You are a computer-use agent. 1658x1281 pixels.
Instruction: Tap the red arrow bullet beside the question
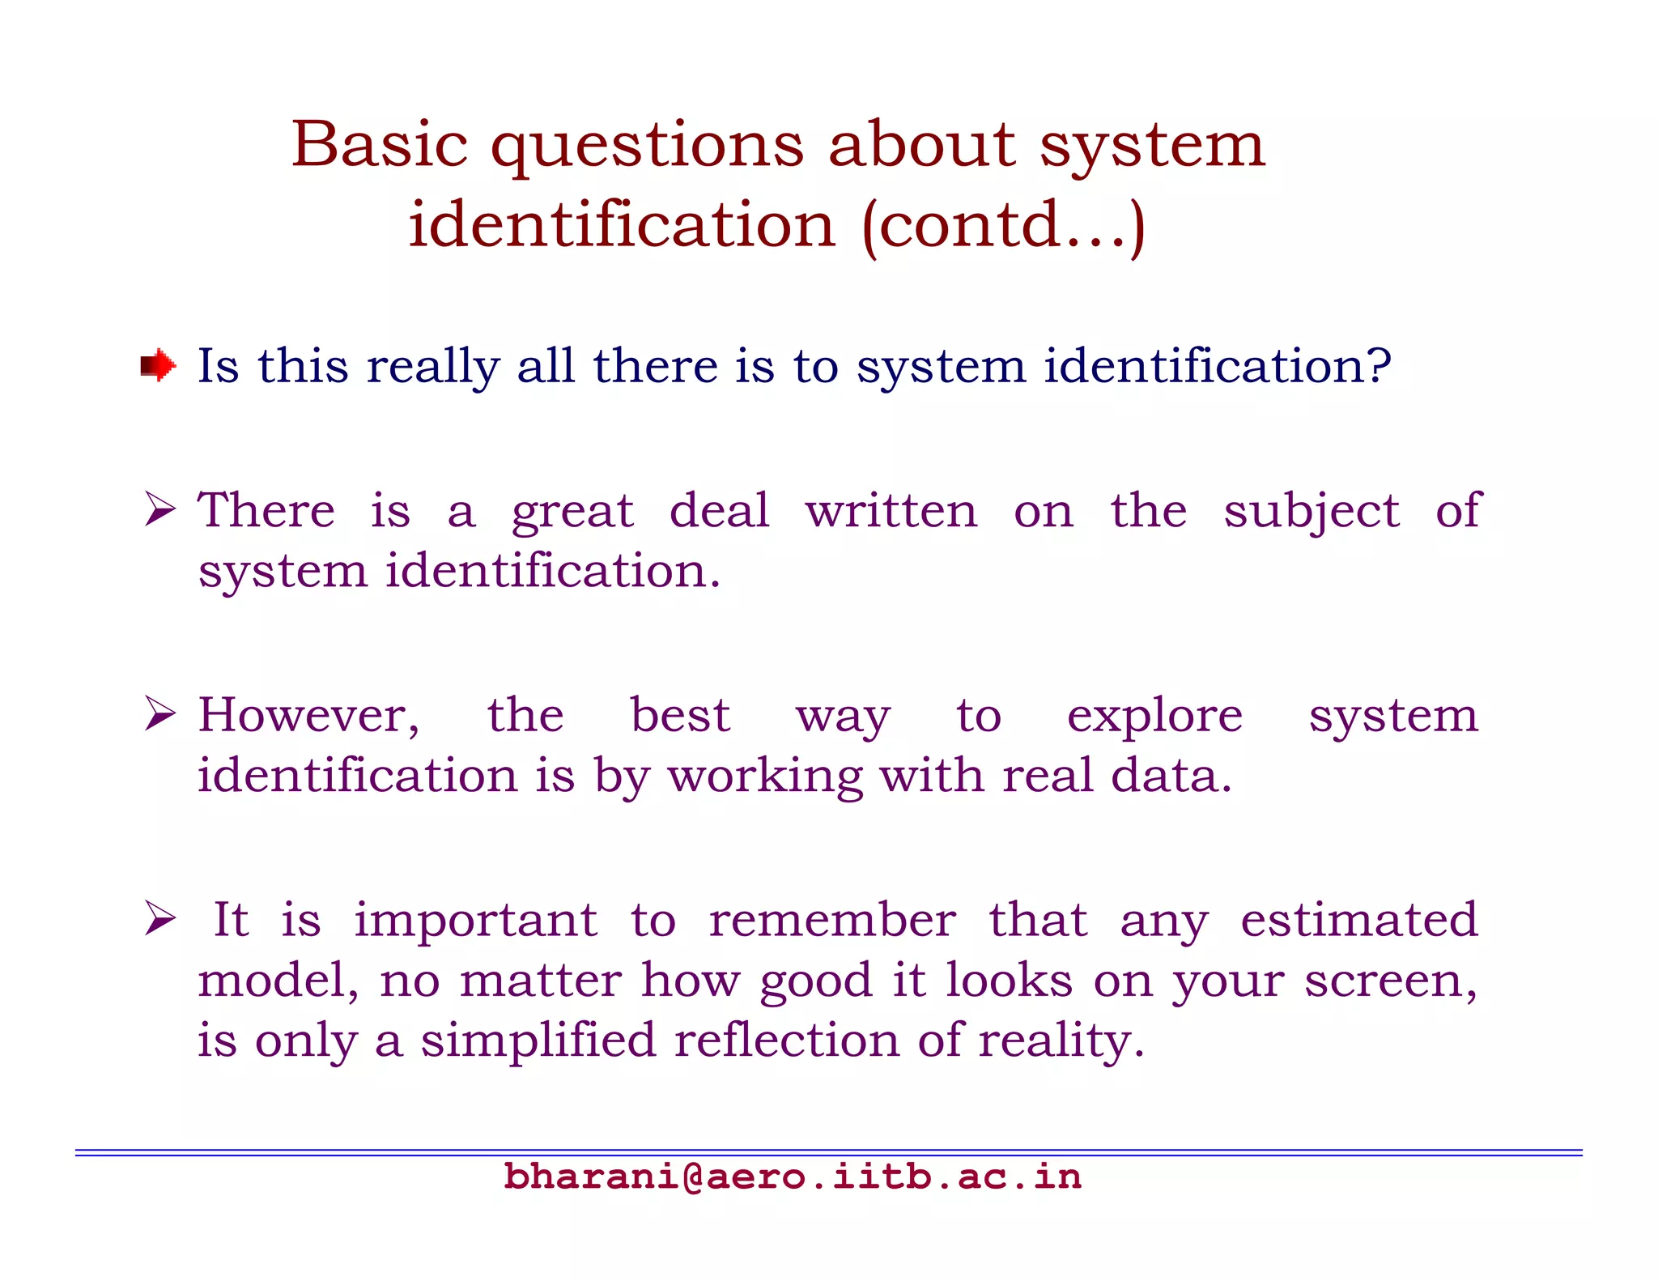coord(159,366)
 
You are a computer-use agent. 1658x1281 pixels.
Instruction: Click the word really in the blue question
coord(433,367)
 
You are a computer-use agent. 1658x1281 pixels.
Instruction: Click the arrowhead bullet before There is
coord(160,510)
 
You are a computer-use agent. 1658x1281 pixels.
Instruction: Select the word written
coord(891,512)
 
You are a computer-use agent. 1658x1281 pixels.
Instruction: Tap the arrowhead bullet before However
coord(160,714)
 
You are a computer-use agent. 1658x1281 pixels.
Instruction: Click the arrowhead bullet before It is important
coord(160,919)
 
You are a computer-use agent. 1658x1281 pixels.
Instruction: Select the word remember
coord(832,920)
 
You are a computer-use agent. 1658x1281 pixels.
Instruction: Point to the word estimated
coord(1359,920)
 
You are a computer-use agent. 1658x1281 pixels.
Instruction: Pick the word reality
coord(1061,1042)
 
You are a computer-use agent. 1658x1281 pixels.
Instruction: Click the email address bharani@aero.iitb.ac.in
coord(793,1177)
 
